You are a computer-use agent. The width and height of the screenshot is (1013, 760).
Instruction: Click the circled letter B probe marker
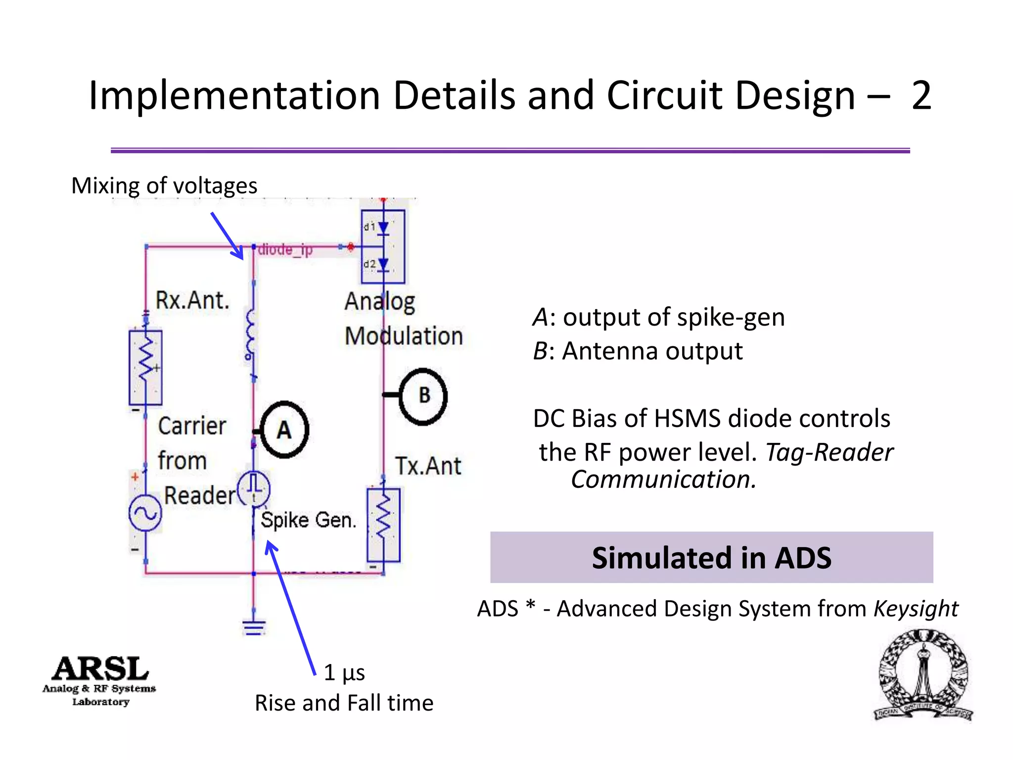click(423, 396)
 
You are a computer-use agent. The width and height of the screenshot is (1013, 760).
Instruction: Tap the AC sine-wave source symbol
click(145, 513)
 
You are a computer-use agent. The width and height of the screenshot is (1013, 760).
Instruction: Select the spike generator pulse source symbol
click(254, 489)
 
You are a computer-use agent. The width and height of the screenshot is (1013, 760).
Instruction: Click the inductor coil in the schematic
click(251, 334)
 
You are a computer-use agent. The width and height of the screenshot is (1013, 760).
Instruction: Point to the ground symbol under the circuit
click(254, 627)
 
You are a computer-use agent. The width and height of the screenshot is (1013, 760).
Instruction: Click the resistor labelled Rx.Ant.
click(145, 368)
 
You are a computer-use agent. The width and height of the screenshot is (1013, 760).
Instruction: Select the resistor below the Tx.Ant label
click(383, 524)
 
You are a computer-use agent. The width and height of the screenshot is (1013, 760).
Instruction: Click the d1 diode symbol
click(383, 228)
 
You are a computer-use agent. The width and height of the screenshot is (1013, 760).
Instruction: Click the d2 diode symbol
click(383, 265)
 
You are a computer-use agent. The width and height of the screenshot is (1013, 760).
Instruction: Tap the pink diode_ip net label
click(285, 250)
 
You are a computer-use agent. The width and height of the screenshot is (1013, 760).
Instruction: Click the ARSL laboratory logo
click(99, 680)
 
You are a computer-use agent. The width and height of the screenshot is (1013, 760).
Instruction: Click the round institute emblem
click(923, 675)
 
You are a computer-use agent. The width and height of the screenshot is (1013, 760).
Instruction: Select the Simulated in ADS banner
click(711, 558)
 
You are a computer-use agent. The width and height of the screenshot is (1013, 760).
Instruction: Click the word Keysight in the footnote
click(916, 609)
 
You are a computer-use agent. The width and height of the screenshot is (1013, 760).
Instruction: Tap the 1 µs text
click(344, 672)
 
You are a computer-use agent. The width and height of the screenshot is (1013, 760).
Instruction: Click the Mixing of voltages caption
click(164, 186)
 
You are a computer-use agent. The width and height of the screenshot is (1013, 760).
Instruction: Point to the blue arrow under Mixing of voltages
click(227, 236)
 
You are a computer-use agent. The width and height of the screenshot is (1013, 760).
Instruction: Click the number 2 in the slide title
click(921, 95)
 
